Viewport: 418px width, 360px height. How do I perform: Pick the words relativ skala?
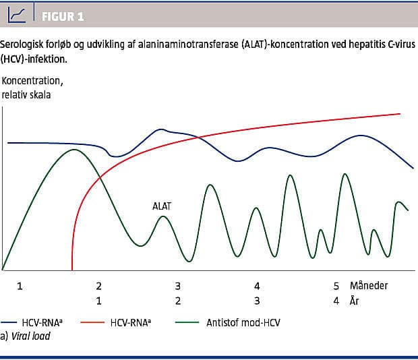pyautogui.click(x=26, y=94)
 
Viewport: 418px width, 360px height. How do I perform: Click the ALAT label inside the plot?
pyautogui.click(x=162, y=207)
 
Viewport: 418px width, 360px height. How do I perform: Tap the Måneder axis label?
pyautogui.click(x=369, y=286)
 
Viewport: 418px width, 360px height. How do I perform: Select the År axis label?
pyautogui.click(x=355, y=301)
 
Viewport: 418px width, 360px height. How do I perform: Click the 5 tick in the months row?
pyautogui.click(x=336, y=286)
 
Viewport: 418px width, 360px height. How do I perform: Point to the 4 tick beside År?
pyautogui.click(x=336, y=301)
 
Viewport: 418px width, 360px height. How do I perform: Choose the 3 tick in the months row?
pyautogui.click(x=178, y=286)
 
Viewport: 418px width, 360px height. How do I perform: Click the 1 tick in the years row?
pyautogui.click(x=98, y=301)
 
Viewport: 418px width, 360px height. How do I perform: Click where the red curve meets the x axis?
pyautogui.click(x=71, y=270)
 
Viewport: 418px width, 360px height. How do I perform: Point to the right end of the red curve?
pyautogui.click(x=401, y=113)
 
